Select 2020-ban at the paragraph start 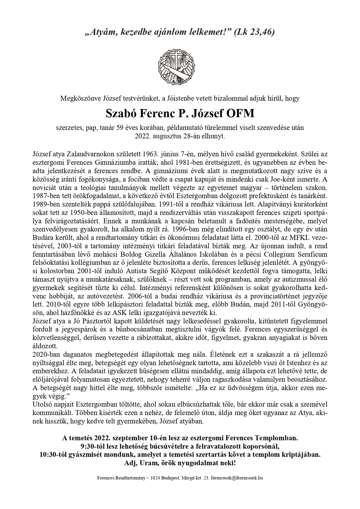click(x=46, y=354)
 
